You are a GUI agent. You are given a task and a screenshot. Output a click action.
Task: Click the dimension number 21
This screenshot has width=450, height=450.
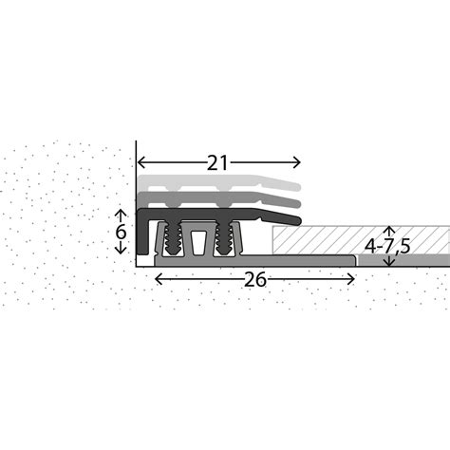(x=218, y=162)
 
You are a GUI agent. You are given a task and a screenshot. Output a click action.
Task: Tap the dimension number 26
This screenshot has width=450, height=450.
(x=253, y=279)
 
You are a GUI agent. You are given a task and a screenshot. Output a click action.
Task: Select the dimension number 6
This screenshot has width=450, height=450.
(x=121, y=231)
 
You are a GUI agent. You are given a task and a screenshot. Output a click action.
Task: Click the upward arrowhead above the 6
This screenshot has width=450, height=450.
(x=121, y=213)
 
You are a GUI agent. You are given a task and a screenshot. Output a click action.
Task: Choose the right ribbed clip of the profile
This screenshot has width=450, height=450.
(x=224, y=239)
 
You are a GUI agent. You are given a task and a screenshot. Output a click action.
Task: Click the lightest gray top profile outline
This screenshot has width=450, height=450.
(x=218, y=181)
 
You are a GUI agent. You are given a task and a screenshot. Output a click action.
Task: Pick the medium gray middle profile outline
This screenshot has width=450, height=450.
(x=218, y=198)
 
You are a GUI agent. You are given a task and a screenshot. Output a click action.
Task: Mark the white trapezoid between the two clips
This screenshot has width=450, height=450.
(x=199, y=242)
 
